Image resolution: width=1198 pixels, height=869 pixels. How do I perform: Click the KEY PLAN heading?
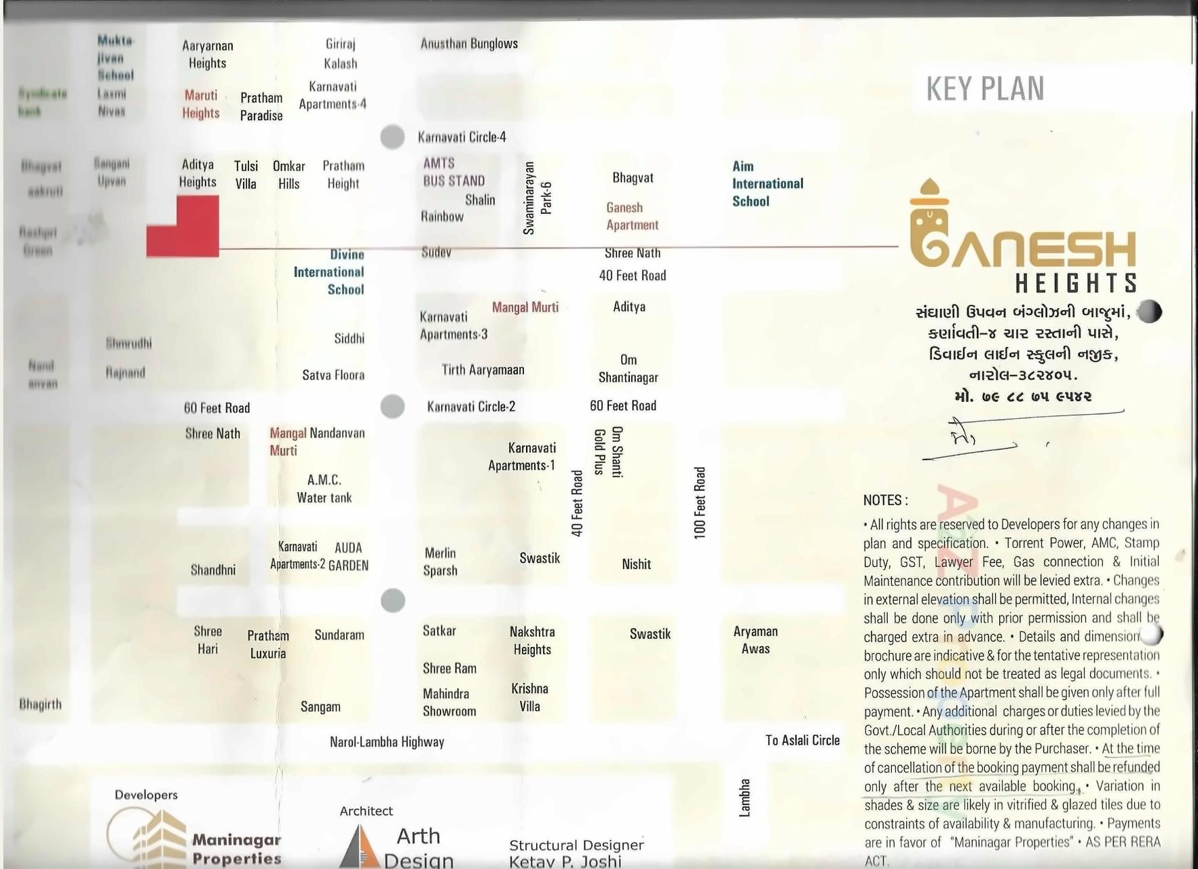[x=984, y=89]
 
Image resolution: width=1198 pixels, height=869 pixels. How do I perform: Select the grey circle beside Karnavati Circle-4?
[x=392, y=136]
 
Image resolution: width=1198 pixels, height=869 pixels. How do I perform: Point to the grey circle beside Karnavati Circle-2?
[x=392, y=406]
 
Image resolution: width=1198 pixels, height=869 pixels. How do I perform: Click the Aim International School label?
[x=767, y=183]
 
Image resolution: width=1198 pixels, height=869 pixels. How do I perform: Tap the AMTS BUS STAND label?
[x=453, y=172]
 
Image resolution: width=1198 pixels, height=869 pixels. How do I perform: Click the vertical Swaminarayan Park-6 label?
[x=538, y=198]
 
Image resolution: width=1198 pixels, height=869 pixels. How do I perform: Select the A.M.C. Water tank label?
[x=324, y=489]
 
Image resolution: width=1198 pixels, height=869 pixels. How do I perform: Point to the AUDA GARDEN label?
[x=348, y=557]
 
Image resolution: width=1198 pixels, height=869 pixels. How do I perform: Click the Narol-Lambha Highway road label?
[x=387, y=742]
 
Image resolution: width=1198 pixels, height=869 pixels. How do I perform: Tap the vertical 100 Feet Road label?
[x=700, y=502]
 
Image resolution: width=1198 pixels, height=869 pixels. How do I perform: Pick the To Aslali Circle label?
[x=802, y=740]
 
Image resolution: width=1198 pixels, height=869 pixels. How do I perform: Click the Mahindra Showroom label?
[x=449, y=703]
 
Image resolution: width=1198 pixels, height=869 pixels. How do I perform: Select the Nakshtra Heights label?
[x=532, y=640]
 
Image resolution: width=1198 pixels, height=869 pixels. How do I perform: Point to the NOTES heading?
[x=885, y=500]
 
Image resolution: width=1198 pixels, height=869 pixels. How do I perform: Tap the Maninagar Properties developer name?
[x=236, y=849]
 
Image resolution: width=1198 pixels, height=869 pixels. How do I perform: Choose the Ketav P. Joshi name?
[x=565, y=862]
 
